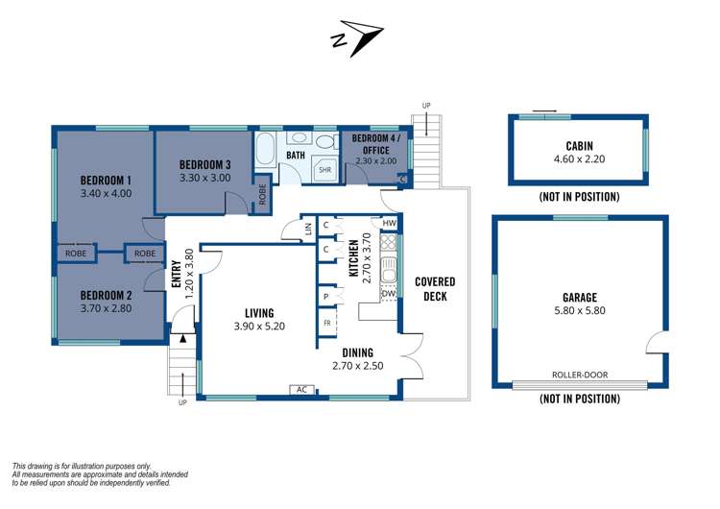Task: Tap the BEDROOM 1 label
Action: click(106, 180)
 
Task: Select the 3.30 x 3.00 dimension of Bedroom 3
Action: click(204, 178)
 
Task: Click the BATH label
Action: click(296, 154)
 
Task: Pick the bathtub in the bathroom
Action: click(266, 150)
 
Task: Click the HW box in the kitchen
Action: click(389, 224)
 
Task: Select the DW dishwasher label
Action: click(388, 294)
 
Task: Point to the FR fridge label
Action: click(326, 323)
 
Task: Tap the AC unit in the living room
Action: click(301, 390)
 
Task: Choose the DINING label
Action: click(351, 352)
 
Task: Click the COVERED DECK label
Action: click(435, 288)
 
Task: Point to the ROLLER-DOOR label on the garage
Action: click(579, 376)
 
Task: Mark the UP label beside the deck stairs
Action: click(425, 105)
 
